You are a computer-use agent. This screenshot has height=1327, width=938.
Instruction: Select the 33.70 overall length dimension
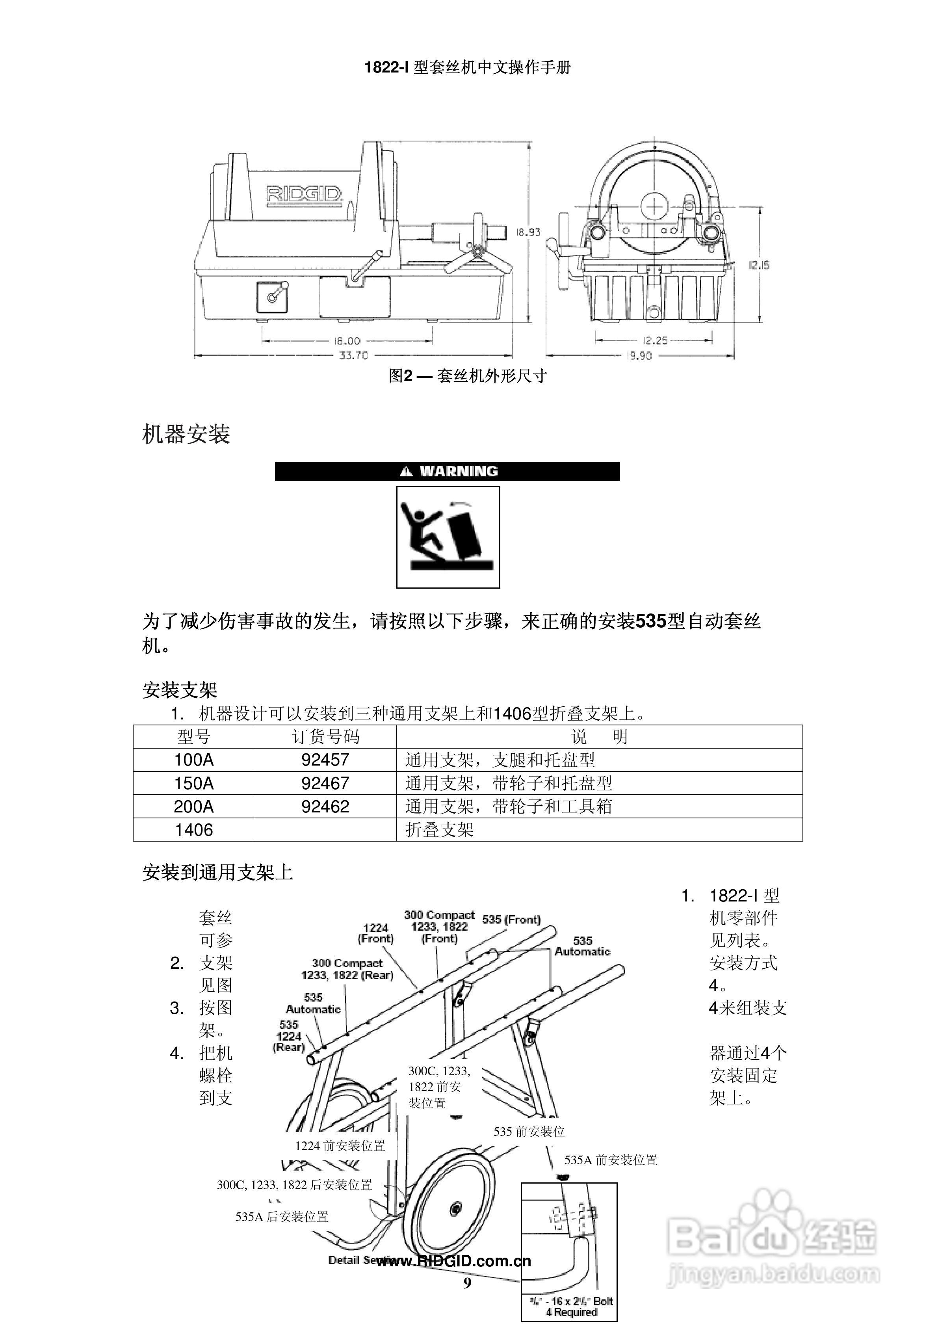tap(353, 355)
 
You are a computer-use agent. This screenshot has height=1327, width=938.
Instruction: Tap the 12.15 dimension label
tap(758, 265)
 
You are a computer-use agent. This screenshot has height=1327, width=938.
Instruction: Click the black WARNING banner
tap(447, 471)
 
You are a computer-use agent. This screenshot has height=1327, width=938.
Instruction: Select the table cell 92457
tap(325, 760)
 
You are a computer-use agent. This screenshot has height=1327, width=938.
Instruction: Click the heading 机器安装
tap(186, 434)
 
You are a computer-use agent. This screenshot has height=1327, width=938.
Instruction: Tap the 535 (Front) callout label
tap(511, 919)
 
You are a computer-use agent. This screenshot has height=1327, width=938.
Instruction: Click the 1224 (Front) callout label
tap(376, 933)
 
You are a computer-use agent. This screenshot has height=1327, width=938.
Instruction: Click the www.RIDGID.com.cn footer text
tap(454, 1261)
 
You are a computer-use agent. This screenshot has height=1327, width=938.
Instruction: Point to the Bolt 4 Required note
tap(571, 1307)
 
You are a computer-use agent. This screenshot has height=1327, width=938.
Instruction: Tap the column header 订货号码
tap(325, 737)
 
